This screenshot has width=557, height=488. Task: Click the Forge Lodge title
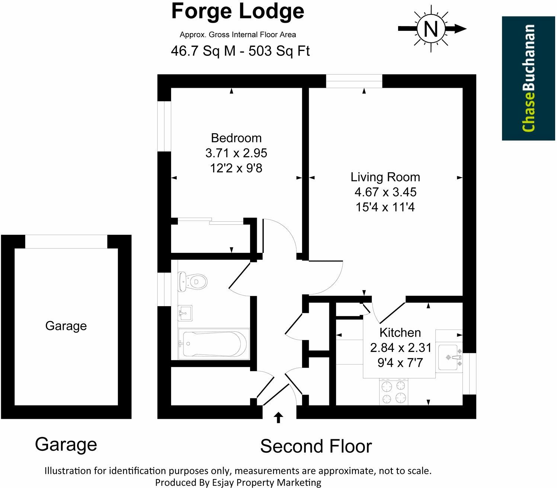237,12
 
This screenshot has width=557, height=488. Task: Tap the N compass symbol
431,29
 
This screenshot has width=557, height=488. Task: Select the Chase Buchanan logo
528,78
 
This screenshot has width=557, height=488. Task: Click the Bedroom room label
236,138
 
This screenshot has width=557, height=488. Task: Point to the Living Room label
385,177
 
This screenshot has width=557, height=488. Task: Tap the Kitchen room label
400,333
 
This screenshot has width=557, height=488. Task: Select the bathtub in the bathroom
212,344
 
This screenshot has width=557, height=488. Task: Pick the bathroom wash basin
185,313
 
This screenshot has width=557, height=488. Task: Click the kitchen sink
449,357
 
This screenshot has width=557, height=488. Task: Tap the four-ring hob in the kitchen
394,392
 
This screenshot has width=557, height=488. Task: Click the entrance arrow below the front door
278,417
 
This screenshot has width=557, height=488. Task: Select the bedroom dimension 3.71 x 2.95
236,153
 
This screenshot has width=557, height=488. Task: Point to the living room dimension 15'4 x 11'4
385,207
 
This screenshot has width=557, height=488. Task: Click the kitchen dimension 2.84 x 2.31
400,347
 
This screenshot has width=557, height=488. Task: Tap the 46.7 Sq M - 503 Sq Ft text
240,51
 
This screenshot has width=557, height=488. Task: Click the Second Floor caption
316,446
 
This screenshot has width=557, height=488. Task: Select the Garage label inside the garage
66,326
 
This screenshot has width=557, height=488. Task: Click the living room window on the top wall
354,81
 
